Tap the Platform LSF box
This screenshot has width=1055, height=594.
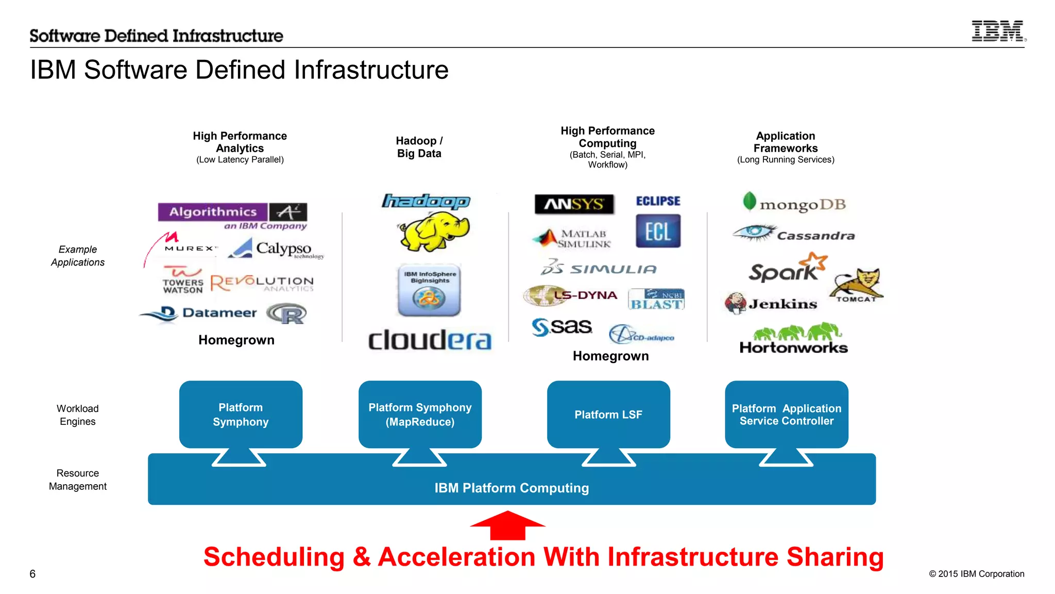608,415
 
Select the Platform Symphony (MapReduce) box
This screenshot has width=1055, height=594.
420,415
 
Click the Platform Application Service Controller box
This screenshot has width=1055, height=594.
786,415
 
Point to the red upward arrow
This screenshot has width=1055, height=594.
507,525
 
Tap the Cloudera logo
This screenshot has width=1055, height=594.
430,340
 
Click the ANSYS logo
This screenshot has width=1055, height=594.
574,204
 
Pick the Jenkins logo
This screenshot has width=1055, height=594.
771,303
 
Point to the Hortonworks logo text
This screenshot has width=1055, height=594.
793,348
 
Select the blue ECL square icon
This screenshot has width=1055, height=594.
658,231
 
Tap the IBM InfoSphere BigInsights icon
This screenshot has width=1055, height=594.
429,290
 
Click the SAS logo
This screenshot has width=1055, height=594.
562,326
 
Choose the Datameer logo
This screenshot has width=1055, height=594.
199,312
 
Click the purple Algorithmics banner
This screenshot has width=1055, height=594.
213,211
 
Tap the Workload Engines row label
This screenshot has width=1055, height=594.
77,415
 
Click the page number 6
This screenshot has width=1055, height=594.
32,574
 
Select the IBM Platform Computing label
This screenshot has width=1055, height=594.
512,488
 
